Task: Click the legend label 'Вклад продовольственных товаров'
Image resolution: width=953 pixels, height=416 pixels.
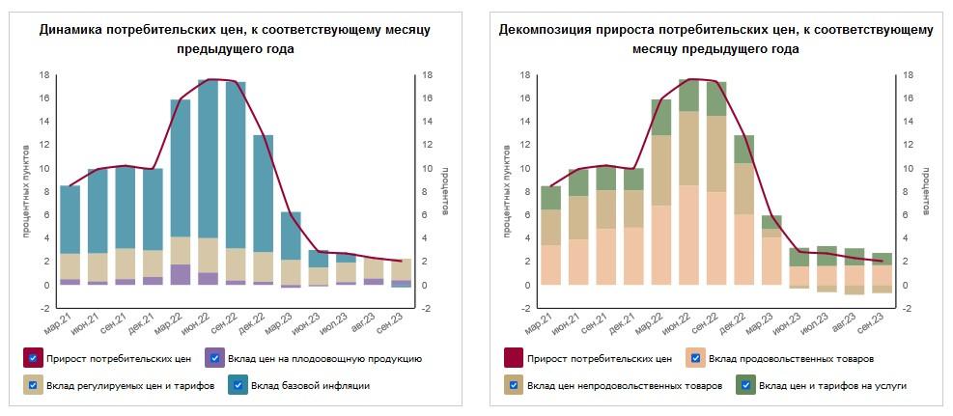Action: coord(791,359)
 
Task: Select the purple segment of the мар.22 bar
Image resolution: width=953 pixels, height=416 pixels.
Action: coord(181,274)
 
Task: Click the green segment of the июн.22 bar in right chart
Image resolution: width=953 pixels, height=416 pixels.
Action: coord(688,96)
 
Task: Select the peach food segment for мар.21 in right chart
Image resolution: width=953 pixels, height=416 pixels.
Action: coord(550,264)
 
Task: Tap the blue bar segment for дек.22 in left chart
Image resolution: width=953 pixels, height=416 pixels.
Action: coord(263,193)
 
